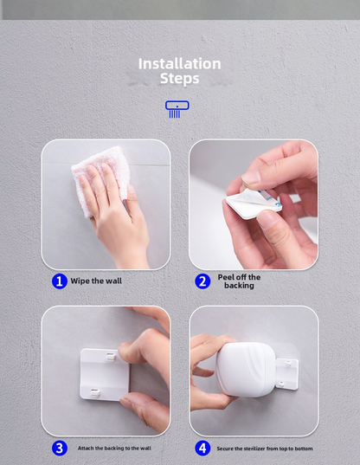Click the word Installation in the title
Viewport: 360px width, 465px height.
(179, 64)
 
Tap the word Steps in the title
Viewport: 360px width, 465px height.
(179, 79)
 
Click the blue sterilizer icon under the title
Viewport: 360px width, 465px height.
(177, 109)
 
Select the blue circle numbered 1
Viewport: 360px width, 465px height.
(60, 281)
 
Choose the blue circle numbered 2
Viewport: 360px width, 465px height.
(202, 281)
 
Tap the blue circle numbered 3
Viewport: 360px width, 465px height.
(60, 448)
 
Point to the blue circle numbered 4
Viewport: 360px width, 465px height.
(202, 448)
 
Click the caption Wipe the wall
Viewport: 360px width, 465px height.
(96, 281)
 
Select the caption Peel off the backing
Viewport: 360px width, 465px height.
(239, 281)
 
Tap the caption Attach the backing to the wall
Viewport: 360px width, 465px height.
(114, 448)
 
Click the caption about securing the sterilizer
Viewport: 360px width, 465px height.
(265, 449)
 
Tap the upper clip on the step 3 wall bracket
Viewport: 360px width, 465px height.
(111, 357)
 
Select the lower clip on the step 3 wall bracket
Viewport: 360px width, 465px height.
(95, 393)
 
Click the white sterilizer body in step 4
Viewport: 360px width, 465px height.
(246, 369)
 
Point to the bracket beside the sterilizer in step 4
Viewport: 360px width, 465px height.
(287, 374)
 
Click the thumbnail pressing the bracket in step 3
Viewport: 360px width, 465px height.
(125, 346)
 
